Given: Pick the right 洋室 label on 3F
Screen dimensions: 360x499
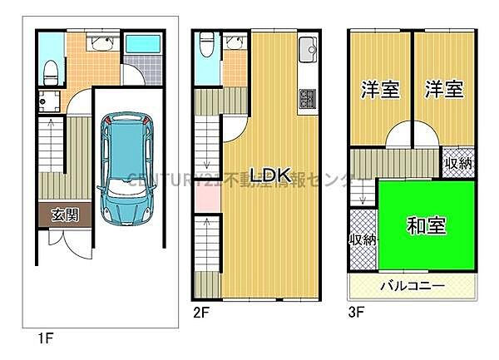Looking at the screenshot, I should coord(442,90).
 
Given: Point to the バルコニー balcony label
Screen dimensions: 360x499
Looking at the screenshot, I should coord(413,286).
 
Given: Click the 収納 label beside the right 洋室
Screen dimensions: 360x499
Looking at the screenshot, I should coord(457,164).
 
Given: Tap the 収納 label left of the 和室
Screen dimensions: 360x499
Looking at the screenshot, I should coord(363,239).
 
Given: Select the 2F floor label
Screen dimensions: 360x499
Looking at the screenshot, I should coord(202,313).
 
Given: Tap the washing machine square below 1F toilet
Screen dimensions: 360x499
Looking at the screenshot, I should coord(46,104).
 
